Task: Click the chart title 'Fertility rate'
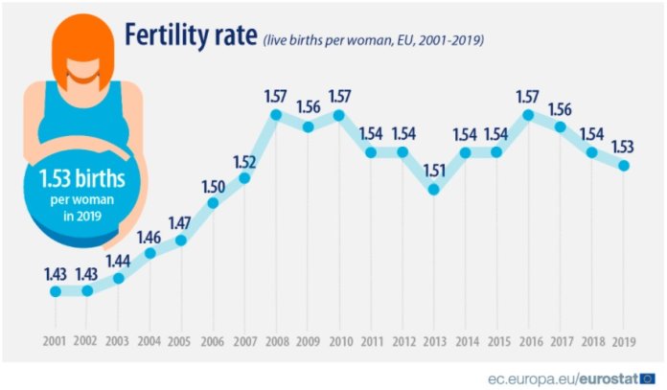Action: click(189, 35)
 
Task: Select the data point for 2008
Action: click(276, 115)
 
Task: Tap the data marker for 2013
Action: click(434, 190)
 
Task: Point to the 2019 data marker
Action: click(624, 165)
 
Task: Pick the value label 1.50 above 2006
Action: click(214, 184)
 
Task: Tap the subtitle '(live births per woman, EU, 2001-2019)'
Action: click(372, 40)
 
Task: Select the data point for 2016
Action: click(528, 115)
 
